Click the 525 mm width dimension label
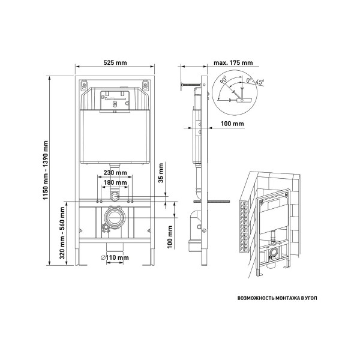click(x=115, y=62)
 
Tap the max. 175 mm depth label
click(x=233, y=62)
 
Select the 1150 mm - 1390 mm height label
click(x=46, y=170)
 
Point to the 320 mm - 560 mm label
click(x=62, y=233)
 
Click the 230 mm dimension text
click(x=115, y=172)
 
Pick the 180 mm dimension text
click(x=115, y=182)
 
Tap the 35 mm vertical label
click(x=161, y=173)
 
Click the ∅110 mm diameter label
click(x=115, y=257)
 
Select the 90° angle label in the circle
click(x=223, y=80)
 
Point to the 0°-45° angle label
click(x=256, y=81)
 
